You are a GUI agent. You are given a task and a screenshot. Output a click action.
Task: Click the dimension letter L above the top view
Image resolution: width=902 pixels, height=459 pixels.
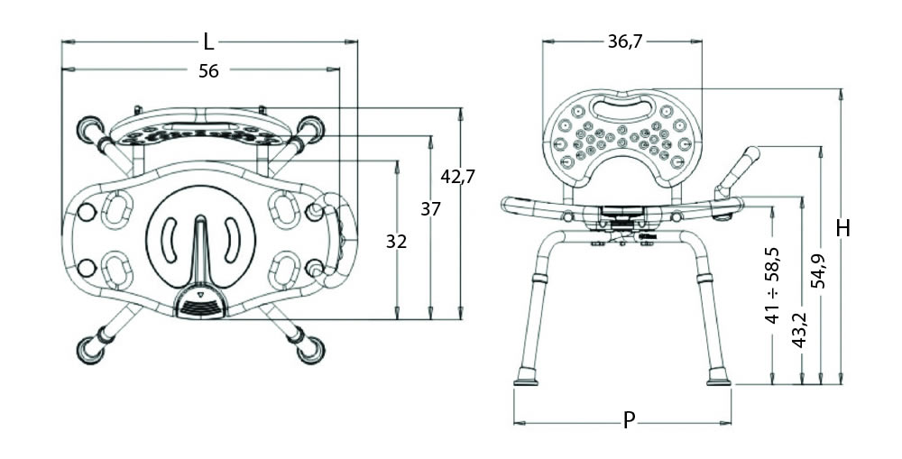pyautogui.click(x=208, y=41)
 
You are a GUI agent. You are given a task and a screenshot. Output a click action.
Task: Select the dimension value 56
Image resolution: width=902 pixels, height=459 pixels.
pyautogui.click(x=208, y=71)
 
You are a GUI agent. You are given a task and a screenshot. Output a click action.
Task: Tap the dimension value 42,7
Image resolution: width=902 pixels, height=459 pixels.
pyautogui.click(x=458, y=177)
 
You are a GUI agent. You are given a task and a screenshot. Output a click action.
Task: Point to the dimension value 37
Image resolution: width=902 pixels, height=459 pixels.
pyautogui.click(x=430, y=209)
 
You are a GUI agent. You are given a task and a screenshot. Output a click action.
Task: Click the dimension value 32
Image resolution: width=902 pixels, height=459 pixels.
pyautogui.click(x=396, y=242)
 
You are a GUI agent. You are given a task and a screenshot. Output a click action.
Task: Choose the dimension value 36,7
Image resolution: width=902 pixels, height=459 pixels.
pyautogui.click(x=623, y=41)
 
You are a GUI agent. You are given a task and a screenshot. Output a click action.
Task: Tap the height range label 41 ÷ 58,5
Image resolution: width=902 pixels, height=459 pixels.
pyautogui.click(x=773, y=286)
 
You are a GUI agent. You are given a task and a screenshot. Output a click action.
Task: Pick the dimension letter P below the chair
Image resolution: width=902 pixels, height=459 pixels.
pyautogui.click(x=630, y=420)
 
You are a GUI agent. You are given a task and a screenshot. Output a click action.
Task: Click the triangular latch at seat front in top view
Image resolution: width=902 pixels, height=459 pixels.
pyautogui.click(x=199, y=293)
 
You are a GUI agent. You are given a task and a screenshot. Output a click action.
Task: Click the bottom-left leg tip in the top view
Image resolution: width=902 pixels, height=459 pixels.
pyautogui.click(x=91, y=349)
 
